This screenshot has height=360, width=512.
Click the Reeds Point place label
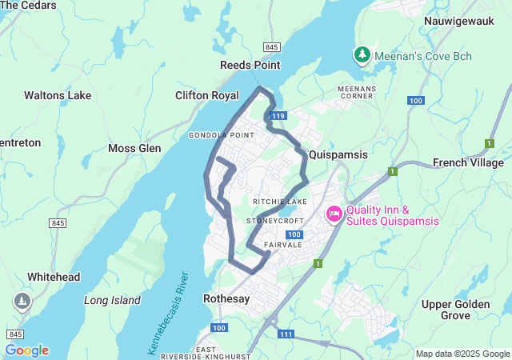point(250,64)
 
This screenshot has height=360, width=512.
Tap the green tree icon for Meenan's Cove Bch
point(362,55)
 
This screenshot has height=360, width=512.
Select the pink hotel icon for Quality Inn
point(334,214)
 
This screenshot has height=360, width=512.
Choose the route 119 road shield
point(278,117)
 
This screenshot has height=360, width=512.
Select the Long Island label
point(112,301)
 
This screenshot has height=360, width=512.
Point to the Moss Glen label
point(134,149)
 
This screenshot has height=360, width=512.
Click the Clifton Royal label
point(207,95)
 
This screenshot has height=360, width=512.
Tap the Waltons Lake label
point(58,95)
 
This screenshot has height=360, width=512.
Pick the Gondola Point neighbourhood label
point(222,135)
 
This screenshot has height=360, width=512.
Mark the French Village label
point(468,162)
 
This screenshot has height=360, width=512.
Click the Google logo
point(26,350)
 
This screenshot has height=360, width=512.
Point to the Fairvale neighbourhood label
point(284,245)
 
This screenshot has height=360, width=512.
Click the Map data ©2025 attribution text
point(462,354)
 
